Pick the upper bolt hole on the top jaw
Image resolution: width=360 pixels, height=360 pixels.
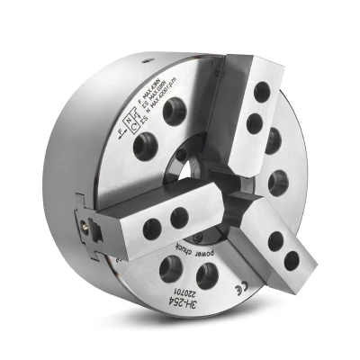pos(262,92)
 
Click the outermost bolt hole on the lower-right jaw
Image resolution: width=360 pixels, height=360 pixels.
pos(291,260)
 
